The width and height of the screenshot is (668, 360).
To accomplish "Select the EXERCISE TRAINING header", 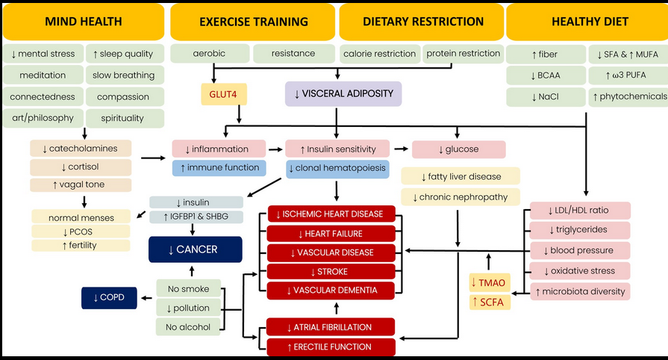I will pyautogui.click(x=253, y=22).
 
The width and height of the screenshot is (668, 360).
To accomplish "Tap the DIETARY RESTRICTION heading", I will pyautogui.click(x=423, y=22).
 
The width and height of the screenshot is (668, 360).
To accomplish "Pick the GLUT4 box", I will pyautogui.click(x=223, y=94).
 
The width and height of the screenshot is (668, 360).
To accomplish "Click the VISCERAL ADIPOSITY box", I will pyautogui.click(x=343, y=94).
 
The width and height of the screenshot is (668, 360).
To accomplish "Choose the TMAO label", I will pyautogui.click(x=488, y=282).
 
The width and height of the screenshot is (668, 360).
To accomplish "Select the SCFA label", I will pyautogui.click(x=488, y=302).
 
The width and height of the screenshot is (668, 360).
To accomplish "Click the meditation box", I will pyautogui.click(x=43, y=75).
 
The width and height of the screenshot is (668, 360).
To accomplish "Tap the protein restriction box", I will pyautogui.click(x=463, y=54).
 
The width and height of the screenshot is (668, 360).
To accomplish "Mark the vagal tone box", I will pyautogui.click(x=81, y=184).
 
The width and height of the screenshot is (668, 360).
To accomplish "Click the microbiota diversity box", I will pyautogui.click(x=580, y=291).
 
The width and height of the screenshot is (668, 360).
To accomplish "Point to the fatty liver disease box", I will pyautogui.click(x=461, y=177).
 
